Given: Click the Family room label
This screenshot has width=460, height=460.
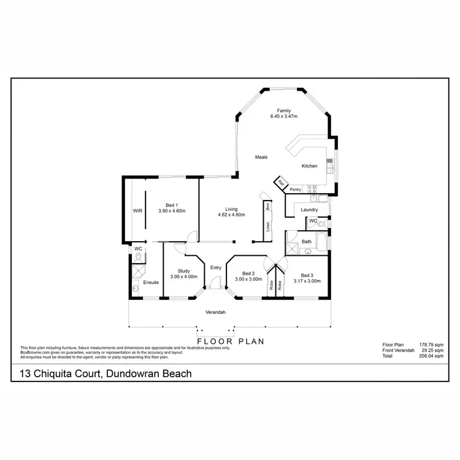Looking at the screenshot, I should click(283, 110).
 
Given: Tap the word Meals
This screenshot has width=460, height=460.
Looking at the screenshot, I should click(262, 157).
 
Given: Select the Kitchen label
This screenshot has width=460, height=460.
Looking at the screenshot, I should click(309, 166).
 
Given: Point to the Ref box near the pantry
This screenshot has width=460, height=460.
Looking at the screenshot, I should click(281, 183).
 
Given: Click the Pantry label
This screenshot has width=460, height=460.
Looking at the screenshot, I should click(296, 190).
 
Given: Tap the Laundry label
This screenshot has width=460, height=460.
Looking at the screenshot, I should click(309, 210).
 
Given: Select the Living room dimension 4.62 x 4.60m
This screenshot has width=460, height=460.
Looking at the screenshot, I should click(232, 215).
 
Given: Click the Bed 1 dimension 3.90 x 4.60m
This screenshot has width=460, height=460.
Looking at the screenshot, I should click(172, 210).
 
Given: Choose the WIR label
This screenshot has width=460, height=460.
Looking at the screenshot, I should click(137, 210).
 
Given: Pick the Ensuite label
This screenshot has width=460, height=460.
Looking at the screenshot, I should click(151, 282).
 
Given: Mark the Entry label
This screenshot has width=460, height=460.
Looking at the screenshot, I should click(216, 267).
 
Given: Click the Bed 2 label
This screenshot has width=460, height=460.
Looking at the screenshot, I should click(248, 274).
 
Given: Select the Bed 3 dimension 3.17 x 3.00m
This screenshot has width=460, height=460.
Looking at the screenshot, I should click(308, 281).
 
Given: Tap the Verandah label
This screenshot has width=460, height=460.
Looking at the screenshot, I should click(215, 312).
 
